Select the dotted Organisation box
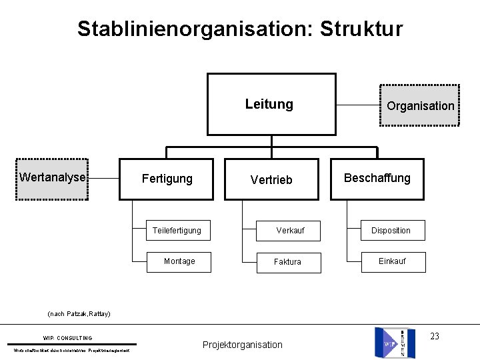tap(419, 105)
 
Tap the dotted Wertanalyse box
tap(53, 178)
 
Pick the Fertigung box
tap(167, 179)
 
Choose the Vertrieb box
tap(271, 179)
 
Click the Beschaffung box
tap(377, 178)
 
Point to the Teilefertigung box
tap(179, 230)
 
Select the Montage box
tap(179, 261)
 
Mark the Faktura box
tap(288, 262)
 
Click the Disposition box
tap(391, 230)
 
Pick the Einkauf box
tap(392, 261)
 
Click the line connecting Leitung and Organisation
tap(357, 105)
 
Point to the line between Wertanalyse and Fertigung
tap(103, 178)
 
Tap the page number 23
tap(435, 336)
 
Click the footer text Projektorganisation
tap(243, 345)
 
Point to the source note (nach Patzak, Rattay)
tap(79, 313)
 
